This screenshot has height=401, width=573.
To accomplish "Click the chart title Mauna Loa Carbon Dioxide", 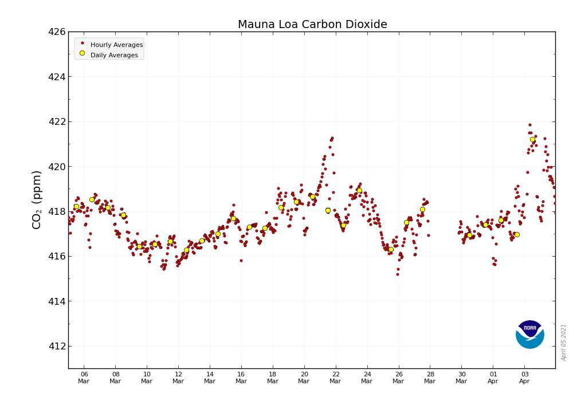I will pos(312,25).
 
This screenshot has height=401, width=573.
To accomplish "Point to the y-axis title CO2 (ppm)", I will pos(37,199).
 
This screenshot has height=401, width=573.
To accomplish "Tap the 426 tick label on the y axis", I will pos(56,32).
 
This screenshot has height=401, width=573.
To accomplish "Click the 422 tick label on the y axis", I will pos(56,121).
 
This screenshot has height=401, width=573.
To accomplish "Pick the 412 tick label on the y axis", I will pos(56,346).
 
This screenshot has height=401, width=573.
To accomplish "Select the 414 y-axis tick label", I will pos(56,301).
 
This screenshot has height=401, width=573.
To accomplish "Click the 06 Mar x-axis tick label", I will pos(84,378).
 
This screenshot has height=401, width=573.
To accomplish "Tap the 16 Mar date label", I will pos(241,378).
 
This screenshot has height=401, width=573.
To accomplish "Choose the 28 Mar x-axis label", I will pos(430,378).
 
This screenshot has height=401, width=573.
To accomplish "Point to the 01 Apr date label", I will pos(493,378).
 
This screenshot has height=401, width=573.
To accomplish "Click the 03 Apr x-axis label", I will pos(524,378).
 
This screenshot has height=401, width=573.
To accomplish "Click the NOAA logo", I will pos(529,335).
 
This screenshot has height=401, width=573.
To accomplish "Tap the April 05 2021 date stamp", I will pos(564,342).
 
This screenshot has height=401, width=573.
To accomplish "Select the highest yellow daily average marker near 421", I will pos(532,139).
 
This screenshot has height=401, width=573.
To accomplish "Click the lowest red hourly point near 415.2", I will pos(398,274).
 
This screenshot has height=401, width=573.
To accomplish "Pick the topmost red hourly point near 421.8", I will pos(530,125).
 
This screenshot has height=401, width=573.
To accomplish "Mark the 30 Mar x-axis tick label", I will pos(461,378).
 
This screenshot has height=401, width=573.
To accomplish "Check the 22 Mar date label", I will pos(335,378).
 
